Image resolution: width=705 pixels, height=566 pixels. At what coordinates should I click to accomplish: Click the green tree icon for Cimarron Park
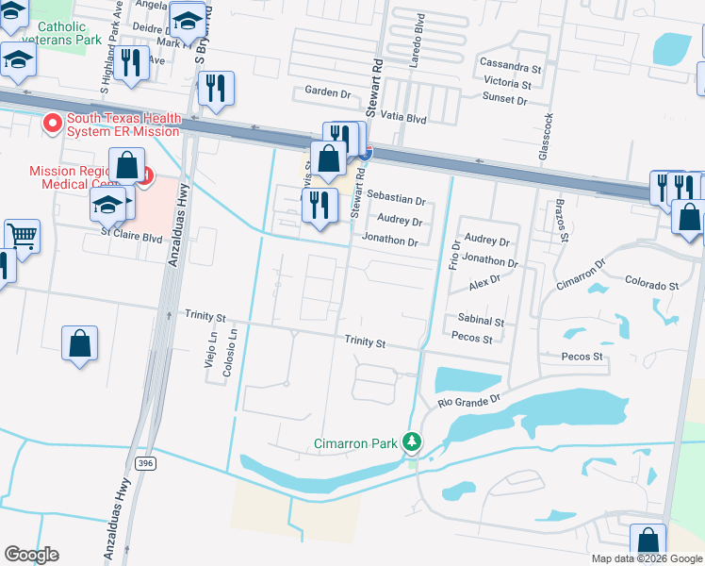(411, 441)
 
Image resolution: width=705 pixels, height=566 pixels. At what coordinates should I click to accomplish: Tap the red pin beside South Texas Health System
(52, 122)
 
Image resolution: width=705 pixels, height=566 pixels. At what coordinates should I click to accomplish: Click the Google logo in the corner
(31, 555)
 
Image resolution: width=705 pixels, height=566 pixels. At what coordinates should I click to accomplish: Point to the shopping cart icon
(23, 235)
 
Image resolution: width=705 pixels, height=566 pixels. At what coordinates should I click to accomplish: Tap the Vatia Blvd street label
(404, 120)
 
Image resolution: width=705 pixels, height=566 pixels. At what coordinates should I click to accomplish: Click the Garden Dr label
(327, 92)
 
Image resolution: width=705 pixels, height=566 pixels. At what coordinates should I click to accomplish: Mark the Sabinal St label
(481, 321)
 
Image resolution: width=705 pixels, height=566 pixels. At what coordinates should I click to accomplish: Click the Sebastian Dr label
(396, 200)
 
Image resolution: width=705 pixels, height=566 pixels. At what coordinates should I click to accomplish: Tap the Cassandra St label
(510, 69)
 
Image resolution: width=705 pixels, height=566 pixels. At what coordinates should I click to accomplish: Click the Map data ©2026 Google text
(646, 558)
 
